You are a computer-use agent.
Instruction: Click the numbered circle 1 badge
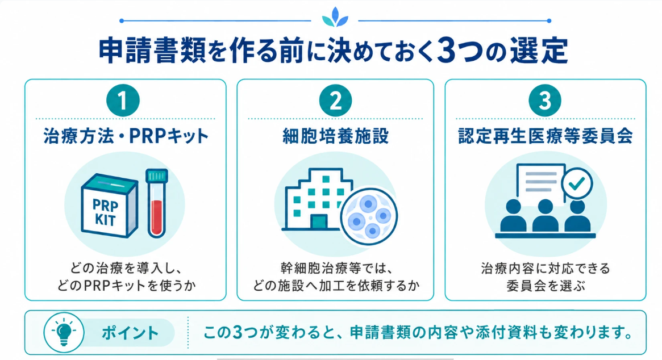123,101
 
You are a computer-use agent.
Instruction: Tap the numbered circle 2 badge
336,101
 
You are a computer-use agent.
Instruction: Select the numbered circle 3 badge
545,101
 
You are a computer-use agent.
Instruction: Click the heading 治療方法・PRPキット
126,136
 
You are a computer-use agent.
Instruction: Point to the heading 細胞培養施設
336,136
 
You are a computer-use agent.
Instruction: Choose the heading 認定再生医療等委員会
546,136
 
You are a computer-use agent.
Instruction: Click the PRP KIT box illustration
109,206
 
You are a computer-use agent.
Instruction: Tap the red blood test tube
157,203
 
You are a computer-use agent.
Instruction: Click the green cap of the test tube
157,175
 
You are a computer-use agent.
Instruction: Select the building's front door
319,222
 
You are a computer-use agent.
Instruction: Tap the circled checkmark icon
577,183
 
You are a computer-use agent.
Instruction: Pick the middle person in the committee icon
545,215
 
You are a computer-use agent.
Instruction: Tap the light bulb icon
64,332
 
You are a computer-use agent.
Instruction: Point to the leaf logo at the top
335,17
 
